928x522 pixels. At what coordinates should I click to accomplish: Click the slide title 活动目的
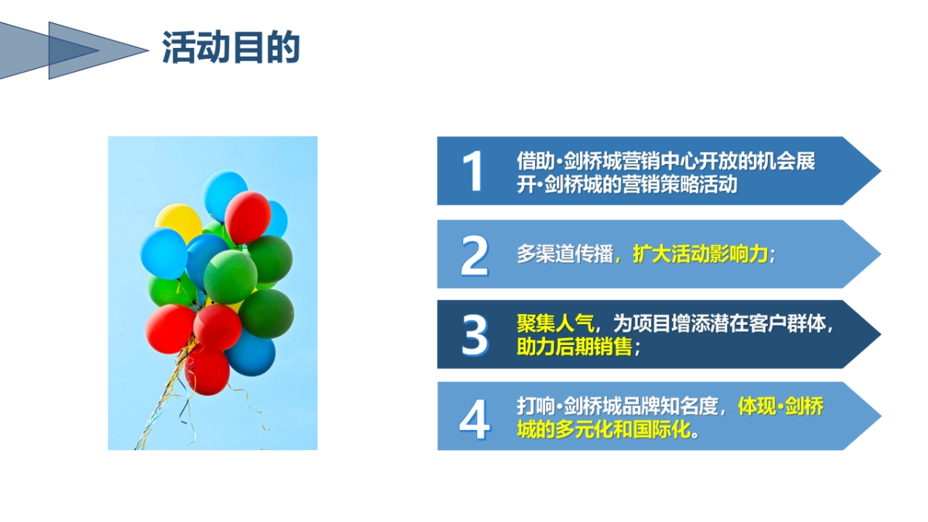230,48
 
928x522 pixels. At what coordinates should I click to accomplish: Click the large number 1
473,171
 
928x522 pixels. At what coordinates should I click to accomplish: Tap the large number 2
475,256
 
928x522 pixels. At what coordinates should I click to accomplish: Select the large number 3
475,335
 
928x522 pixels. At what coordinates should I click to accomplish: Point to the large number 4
475,419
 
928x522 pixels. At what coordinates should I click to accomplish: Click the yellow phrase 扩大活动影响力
700,254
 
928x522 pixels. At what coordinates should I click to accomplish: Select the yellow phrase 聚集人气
555,323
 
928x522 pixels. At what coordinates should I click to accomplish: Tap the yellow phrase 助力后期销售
574,346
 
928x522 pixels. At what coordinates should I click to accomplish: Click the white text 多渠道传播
565,254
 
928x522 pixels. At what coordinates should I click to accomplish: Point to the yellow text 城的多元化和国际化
604,430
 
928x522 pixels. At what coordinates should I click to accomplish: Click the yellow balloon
177,221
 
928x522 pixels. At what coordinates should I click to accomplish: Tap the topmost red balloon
247,217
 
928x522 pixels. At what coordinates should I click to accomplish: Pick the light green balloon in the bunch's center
230,277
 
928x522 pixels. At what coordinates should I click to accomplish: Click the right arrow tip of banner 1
880,171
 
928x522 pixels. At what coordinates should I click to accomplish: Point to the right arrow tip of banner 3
880,334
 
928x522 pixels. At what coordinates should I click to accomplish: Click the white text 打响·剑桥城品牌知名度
617,407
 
